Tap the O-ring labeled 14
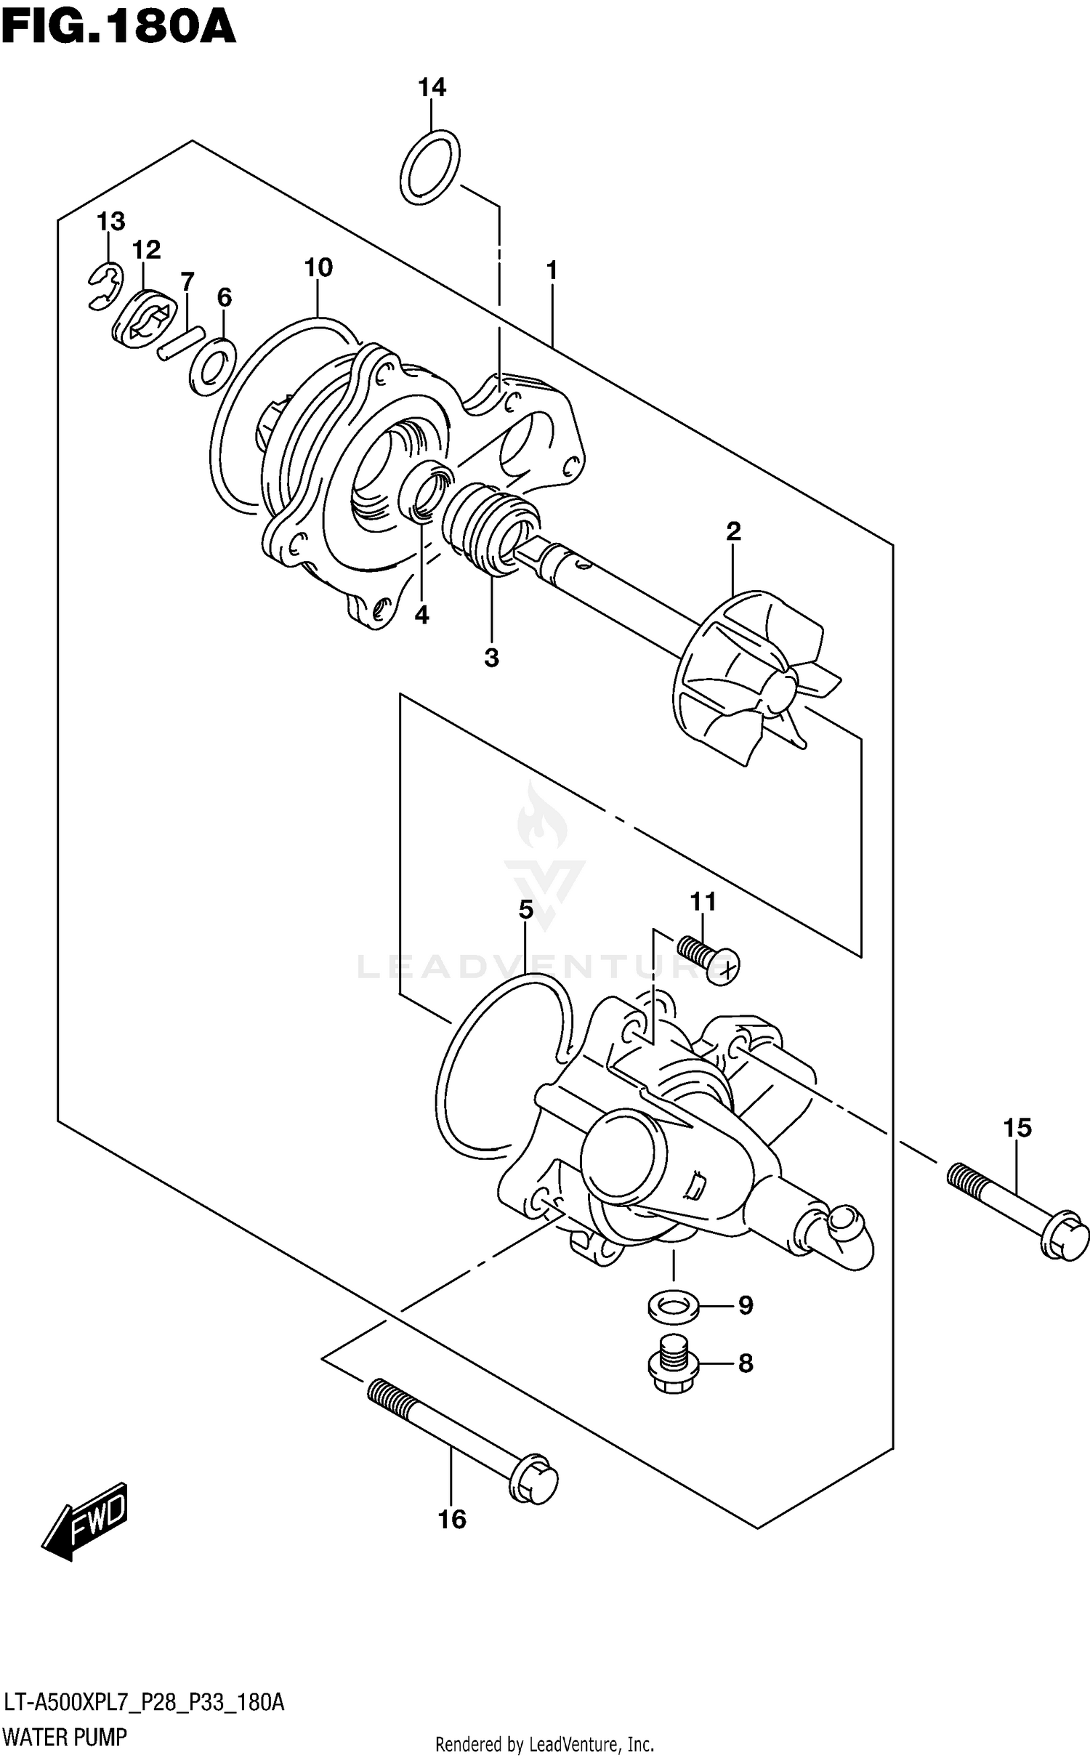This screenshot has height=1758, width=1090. click(x=429, y=168)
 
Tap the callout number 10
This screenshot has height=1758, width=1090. click(x=318, y=268)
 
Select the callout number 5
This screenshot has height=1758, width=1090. click(x=525, y=909)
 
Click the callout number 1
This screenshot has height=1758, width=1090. click(x=552, y=270)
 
